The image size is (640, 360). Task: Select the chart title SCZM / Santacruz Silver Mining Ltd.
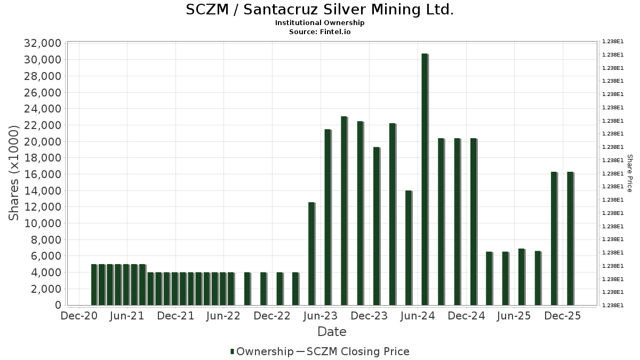[319, 10]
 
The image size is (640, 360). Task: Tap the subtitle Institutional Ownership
[319, 23]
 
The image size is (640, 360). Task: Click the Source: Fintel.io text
[319, 31]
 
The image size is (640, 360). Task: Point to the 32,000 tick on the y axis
[42, 43]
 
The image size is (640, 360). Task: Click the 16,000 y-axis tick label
[42, 174]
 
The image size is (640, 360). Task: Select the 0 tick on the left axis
[57, 305]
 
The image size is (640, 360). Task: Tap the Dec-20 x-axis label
[78, 316]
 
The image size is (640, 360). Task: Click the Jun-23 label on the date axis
[320, 316]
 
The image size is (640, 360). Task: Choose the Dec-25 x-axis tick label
[563, 316]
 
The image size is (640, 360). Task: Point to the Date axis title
[332, 332]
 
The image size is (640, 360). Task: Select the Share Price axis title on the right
[629, 173]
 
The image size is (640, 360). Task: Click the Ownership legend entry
[262, 351]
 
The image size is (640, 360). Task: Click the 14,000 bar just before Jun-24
[409, 247]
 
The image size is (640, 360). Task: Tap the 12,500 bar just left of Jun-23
[311, 254]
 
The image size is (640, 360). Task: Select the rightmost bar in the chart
[570, 238]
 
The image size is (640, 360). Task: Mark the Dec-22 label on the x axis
[271, 316]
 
